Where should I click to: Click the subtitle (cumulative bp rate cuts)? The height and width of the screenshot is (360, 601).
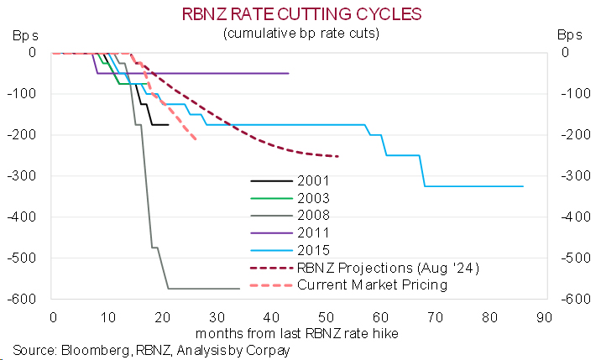pyautogui.click(x=299, y=34)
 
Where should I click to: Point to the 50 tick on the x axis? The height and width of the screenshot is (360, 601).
pyautogui.click(x=325, y=318)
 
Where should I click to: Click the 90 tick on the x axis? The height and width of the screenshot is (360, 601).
pyautogui.click(x=544, y=318)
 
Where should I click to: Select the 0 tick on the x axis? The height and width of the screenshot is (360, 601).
pyautogui.click(x=52, y=318)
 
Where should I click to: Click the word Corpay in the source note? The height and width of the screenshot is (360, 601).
pyautogui.click(x=269, y=351)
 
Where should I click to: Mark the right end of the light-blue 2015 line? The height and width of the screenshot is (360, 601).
pyautogui.click(x=523, y=186)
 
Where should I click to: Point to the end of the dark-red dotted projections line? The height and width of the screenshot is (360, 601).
pyautogui.click(x=337, y=156)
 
